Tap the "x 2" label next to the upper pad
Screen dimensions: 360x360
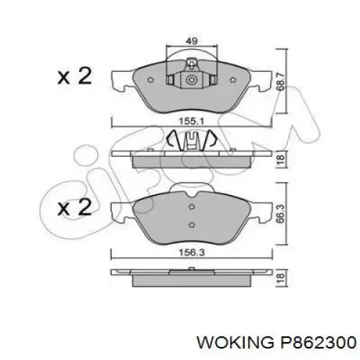pyautogui.click(x=74, y=77)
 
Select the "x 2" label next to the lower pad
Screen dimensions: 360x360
pyautogui.click(x=74, y=209)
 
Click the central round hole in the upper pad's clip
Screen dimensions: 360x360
pyautogui.click(x=192, y=81)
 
